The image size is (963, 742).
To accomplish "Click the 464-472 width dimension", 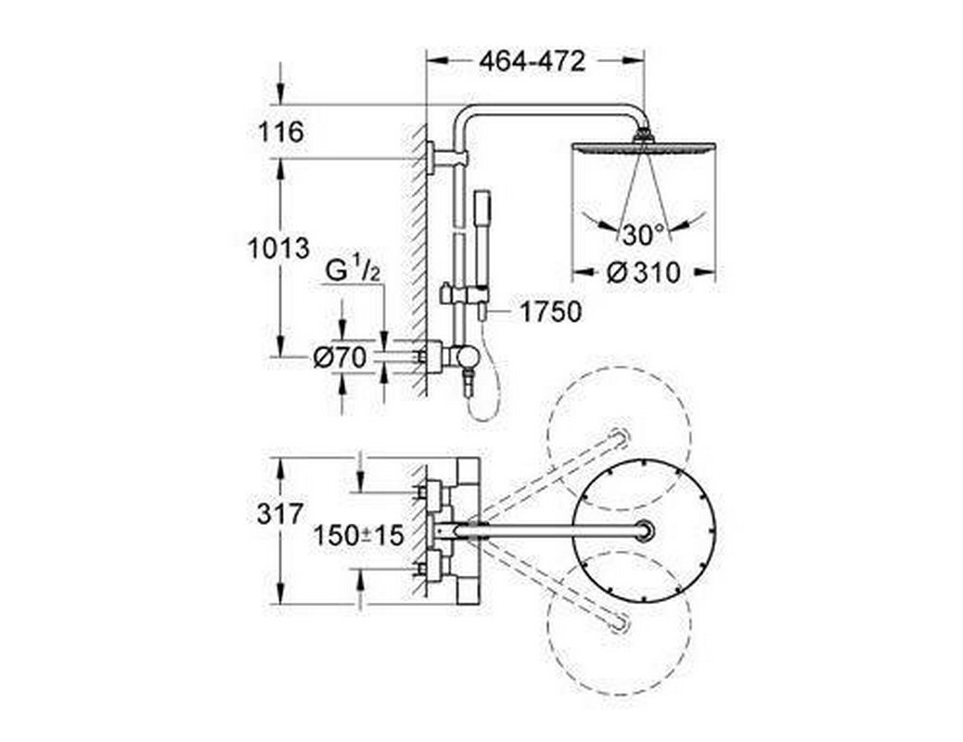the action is click(x=532, y=61).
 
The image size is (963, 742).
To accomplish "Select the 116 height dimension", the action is click(x=281, y=132).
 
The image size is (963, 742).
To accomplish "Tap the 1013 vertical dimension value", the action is click(x=278, y=249).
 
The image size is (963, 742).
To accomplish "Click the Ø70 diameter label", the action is click(x=340, y=358).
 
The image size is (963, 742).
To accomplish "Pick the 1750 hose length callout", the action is click(x=550, y=312).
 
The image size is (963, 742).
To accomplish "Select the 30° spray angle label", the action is click(x=643, y=235).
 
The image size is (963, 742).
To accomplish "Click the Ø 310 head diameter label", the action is click(x=643, y=272).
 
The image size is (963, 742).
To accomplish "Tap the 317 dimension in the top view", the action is click(x=280, y=514).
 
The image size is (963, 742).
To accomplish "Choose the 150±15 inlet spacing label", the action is click(x=358, y=535).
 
